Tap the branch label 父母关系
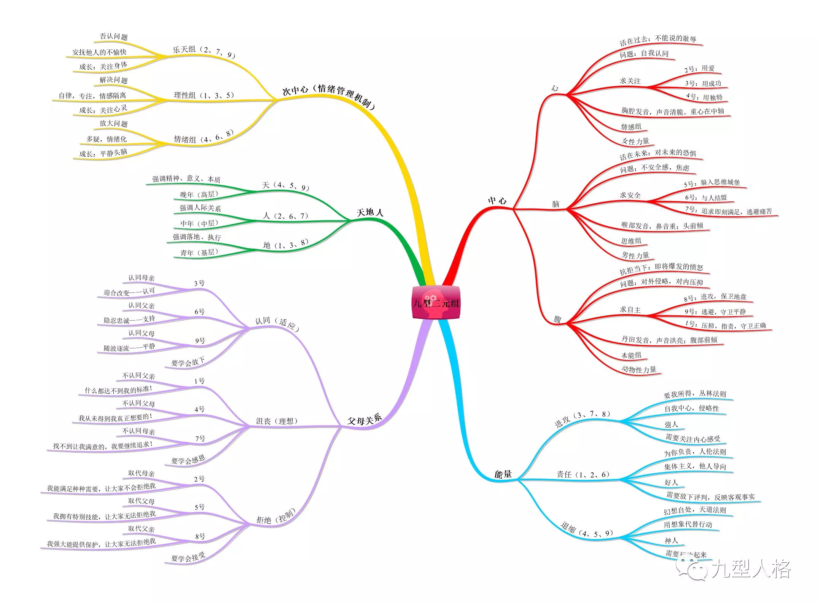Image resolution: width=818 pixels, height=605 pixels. pos(364,419)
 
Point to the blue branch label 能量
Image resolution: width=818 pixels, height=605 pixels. pos(503,474)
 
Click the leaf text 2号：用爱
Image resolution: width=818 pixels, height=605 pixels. pos(699,69)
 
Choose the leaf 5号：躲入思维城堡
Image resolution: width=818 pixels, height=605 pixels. pos(711,183)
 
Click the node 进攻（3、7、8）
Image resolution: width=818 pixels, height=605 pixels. pos(582,418)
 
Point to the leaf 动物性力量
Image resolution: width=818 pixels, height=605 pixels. pos(639,369)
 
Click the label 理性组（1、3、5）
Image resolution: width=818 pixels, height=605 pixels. pos(204,95)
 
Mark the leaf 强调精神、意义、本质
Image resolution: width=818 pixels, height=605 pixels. pos(186,179)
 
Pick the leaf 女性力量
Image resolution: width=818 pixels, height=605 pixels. pos(635,141)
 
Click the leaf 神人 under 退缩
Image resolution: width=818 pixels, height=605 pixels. pos(671,540)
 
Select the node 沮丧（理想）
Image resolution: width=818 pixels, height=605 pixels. pos(277,421)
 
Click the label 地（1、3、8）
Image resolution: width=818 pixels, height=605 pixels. pos(286,244)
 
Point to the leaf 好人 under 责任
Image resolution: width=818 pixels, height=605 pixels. pos(671,482)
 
